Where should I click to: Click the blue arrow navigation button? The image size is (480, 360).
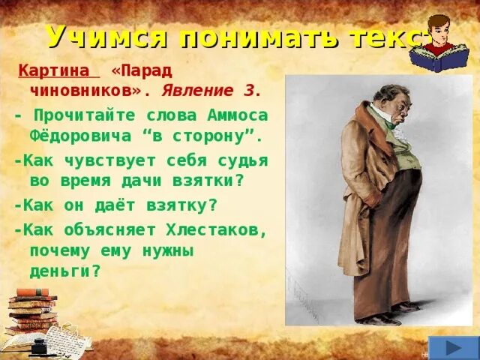453,347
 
